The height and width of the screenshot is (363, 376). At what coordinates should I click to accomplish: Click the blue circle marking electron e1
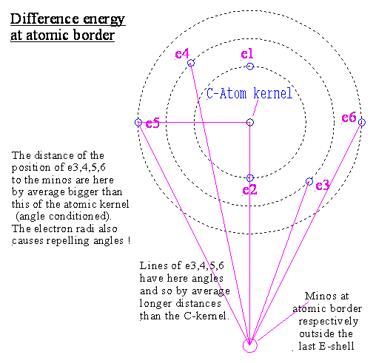pos(250,67)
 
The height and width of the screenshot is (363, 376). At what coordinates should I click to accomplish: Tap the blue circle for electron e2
pos(250,178)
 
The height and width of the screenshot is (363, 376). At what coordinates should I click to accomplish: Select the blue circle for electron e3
pos(309,182)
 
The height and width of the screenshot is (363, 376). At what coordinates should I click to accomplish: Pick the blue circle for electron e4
pos(191,63)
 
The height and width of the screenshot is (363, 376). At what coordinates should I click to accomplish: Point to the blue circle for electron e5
pos(138,122)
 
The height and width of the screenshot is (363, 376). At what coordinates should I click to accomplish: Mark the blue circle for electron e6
pos(362,122)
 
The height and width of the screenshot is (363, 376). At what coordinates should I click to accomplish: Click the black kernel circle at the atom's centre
pos(250,122)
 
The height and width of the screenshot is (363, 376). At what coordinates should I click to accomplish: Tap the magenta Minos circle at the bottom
pos(250,345)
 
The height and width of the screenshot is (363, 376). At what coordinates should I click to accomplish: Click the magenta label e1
pos(247,54)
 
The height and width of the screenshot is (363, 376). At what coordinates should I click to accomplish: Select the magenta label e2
pos(249,190)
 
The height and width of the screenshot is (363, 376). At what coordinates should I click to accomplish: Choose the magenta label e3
pos(323,186)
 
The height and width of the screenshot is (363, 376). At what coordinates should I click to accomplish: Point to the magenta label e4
pos(182,54)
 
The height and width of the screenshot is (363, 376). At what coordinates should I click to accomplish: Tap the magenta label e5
pos(152,123)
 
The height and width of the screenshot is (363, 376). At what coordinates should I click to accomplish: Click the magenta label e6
pos(349,118)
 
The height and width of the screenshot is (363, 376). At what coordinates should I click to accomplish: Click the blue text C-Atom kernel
pos(249,94)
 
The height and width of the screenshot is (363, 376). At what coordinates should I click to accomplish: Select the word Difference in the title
pos(44,18)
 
